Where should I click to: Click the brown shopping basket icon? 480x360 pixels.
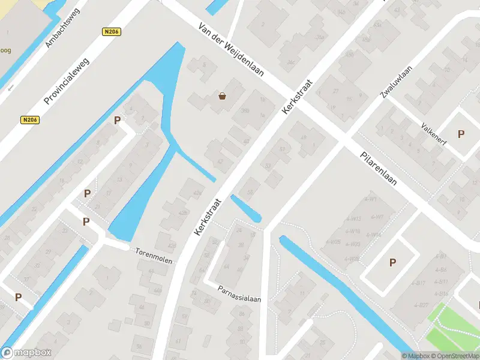222,95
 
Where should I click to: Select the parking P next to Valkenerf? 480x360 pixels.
461,134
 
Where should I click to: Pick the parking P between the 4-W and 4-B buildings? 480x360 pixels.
392,262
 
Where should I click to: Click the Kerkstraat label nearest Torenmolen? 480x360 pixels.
208,216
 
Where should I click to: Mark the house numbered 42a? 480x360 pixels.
198,193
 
